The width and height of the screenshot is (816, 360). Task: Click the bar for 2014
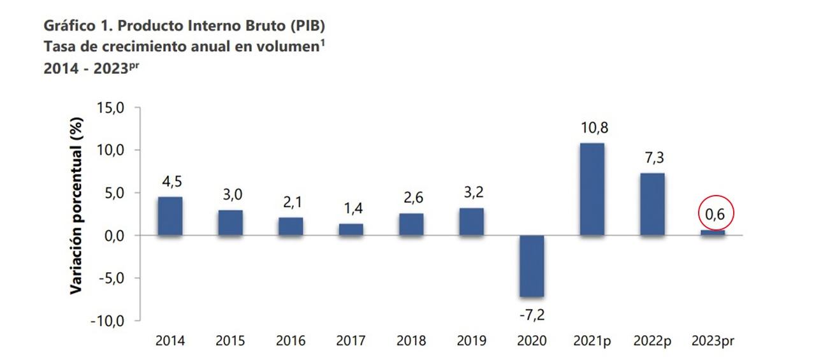(170, 216)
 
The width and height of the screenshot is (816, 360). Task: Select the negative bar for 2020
(532, 266)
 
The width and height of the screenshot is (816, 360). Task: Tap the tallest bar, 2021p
(592, 189)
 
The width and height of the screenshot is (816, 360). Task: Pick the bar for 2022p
(652, 204)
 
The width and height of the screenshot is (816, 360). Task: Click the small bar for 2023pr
(713, 233)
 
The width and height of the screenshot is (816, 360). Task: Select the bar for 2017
(351, 229)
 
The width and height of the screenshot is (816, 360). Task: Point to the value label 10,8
(592, 127)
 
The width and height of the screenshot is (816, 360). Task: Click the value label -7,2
(531, 315)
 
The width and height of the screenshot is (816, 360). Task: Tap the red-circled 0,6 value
(716, 217)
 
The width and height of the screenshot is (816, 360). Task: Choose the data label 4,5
(170, 182)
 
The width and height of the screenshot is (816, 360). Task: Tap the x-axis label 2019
(471, 341)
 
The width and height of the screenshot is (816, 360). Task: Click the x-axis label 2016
(290, 341)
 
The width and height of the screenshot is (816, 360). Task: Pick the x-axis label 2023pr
(713, 341)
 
